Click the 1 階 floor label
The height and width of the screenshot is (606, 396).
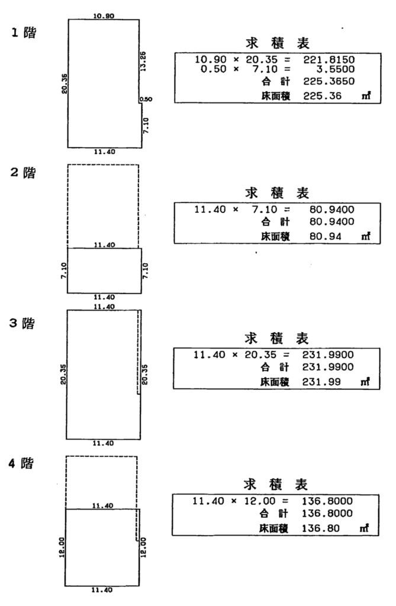point(24,33)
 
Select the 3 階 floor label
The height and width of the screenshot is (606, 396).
point(22,323)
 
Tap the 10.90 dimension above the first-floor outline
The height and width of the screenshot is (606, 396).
point(104,16)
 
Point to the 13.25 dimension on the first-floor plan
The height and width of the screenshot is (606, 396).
point(143,61)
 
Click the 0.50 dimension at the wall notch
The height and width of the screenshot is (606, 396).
point(146,99)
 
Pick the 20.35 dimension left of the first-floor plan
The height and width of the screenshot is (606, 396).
point(64,83)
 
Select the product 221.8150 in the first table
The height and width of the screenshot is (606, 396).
point(329,60)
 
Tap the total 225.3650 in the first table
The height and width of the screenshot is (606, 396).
point(329,81)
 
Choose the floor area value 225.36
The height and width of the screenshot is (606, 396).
point(322,95)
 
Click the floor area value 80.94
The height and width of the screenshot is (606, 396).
point(325,236)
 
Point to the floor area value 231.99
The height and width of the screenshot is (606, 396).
point(321,382)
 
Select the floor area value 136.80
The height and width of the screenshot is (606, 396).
point(321,528)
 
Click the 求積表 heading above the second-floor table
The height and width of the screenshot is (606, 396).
point(277,192)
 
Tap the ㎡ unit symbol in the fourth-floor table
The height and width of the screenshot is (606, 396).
point(364,527)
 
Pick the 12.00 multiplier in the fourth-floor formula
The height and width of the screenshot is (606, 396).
point(259,501)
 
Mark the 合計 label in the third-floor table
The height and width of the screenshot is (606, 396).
point(275,367)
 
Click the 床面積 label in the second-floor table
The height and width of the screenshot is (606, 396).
point(275,236)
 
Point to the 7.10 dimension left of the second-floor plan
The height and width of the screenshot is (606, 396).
point(64,270)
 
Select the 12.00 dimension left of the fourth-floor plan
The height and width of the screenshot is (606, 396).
point(62,547)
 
